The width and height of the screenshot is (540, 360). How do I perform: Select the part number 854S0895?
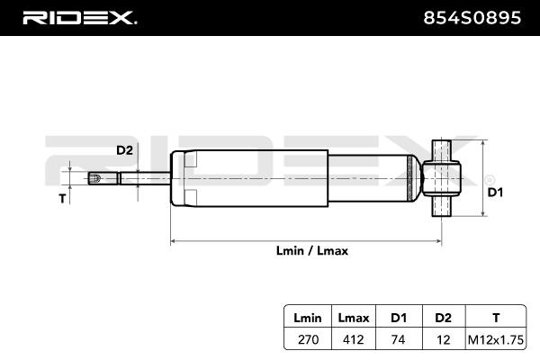tap(469, 17)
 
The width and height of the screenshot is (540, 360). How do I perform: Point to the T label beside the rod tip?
tap(62, 198)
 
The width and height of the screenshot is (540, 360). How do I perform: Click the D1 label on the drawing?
tap(494, 192)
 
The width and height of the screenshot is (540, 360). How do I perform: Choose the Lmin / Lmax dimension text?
tap(312, 251)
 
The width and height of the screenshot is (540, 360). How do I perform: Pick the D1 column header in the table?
tap(397, 317)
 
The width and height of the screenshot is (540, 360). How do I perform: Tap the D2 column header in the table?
tap(443, 317)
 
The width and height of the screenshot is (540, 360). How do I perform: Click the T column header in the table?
tap(496, 317)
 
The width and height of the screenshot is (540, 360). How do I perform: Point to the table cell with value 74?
tap(397, 339)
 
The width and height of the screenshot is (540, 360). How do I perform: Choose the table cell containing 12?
tap(443, 339)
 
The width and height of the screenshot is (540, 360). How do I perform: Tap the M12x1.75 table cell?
tap(496, 339)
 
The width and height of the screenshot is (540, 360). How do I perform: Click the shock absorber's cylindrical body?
tap(297, 178)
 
